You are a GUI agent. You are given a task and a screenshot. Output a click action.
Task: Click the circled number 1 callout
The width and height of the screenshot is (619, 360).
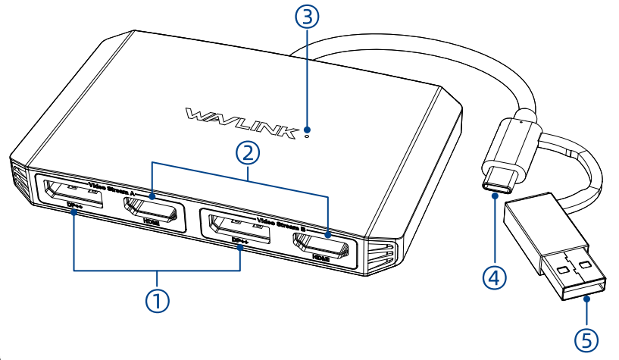pos(157,300)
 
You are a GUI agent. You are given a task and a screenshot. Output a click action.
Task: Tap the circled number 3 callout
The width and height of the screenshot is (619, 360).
pos(306,17)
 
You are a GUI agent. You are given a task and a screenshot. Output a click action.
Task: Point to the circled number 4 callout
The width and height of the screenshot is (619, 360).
pos(493,277)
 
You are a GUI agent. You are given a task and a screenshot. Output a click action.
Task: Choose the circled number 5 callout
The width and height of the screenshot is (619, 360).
pos(585,339)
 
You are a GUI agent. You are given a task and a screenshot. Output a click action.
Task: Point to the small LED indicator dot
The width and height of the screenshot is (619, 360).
pos(306,136)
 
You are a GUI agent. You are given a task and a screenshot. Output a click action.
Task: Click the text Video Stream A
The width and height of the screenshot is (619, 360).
pos(111,189)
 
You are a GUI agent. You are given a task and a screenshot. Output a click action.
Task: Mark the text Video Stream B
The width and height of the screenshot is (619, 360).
pos(282,224)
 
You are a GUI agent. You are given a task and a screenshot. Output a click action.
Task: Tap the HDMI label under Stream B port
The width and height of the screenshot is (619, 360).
pos(320,258)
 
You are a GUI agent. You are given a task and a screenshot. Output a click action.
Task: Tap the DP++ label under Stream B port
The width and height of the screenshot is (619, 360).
pos(240,242)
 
